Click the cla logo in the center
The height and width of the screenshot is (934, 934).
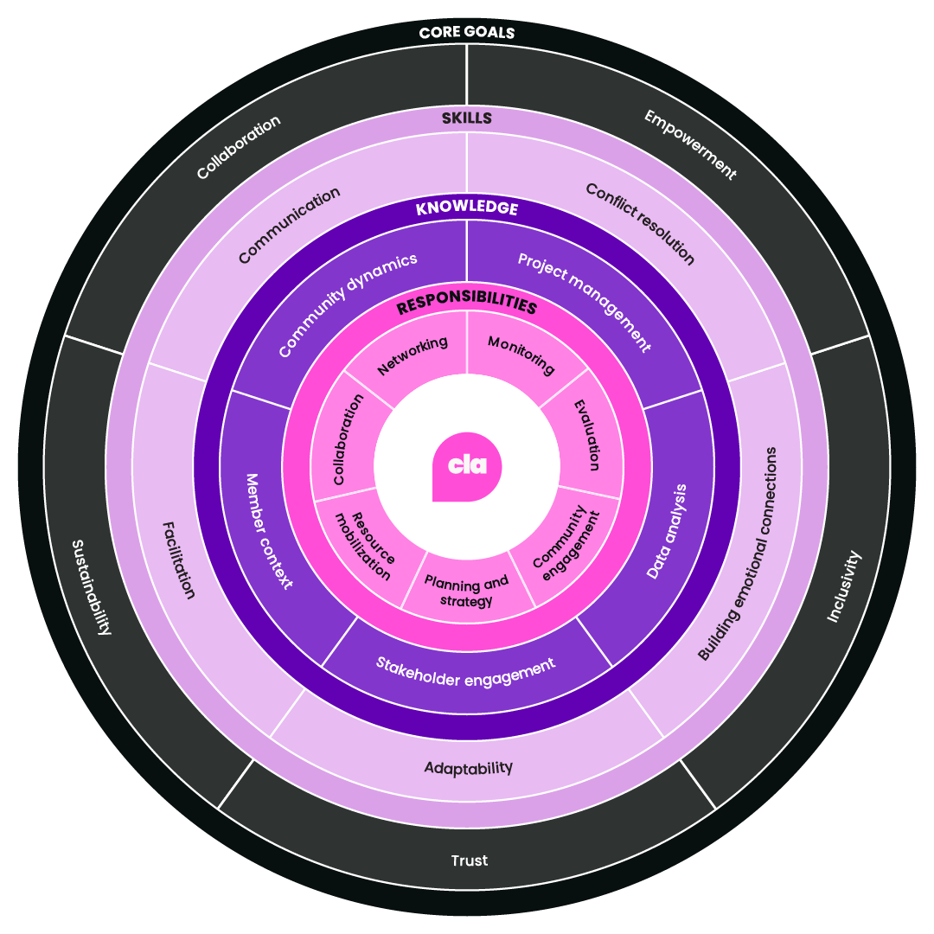coord(467,466)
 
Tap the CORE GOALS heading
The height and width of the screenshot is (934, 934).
coord(467,33)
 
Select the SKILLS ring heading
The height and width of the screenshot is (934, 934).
coord(467,118)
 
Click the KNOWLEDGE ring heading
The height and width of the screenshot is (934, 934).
coord(467,208)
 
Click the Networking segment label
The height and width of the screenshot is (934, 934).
coord(413,355)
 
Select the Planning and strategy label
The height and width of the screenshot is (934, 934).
coord(467,592)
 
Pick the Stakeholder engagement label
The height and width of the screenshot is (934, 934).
coord(465,671)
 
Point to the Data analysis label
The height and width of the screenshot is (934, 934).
coord(667,531)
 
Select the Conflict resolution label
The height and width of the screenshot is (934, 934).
coord(640,224)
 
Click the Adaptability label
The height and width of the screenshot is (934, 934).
coord(468,767)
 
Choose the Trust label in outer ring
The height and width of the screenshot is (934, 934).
coord(469,860)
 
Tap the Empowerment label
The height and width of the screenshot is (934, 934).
coord(690,144)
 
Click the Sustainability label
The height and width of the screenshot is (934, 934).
coord(91,586)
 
